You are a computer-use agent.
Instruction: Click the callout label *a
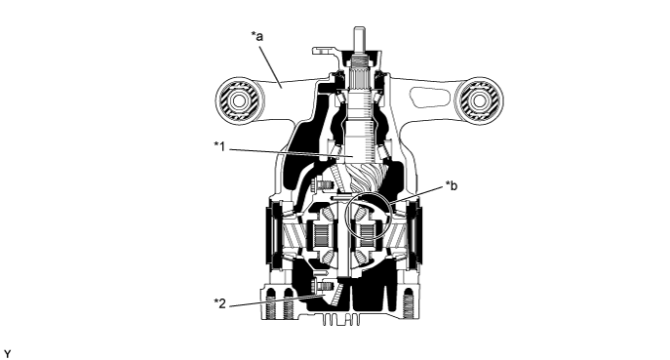pos(256,36)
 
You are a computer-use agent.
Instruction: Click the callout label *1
pos(219,146)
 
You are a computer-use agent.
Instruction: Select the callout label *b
pos(452,186)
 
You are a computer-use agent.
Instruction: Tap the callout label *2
pos(219,303)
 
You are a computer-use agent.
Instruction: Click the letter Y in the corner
pos(8,354)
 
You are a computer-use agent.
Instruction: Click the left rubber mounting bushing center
pos(238,100)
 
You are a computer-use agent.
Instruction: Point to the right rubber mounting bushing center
pos(480,100)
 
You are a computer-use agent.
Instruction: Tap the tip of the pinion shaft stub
pos(359,29)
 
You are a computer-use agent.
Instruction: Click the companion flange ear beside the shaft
pos(325,52)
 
